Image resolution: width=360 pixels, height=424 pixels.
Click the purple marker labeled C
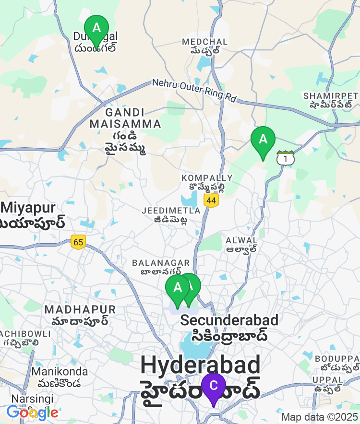(214, 387)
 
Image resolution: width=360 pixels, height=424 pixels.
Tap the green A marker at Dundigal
(96, 29)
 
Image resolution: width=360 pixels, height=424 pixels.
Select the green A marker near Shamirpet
(263, 140)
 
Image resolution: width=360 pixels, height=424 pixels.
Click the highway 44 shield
(211, 200)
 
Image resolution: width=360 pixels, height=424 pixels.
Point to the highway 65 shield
(78, 242)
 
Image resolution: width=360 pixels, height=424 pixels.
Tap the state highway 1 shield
(286, 158)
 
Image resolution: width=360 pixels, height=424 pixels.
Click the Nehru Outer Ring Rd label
(194, 90)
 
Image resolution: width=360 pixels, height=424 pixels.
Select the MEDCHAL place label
(205, 42)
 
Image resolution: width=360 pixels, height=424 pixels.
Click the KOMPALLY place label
(204, 178)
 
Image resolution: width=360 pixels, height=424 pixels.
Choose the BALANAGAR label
(161, 263)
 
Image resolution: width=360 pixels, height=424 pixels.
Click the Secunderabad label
(229, 320)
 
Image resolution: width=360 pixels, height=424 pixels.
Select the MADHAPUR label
(81, 309)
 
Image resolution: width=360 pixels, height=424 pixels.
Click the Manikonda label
(60, 372)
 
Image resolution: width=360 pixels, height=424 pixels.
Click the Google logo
(32, 412)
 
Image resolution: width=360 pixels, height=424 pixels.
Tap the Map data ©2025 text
(320, 417)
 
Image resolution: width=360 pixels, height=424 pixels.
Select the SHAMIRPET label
(331, 96)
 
